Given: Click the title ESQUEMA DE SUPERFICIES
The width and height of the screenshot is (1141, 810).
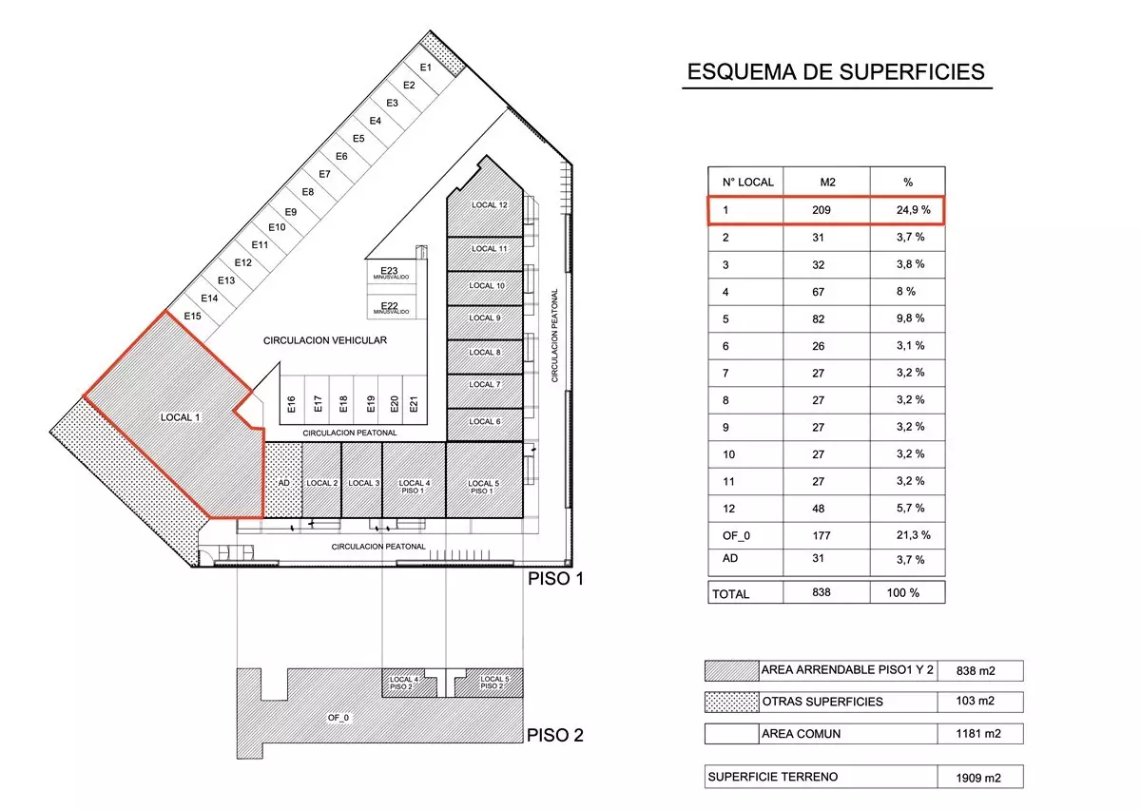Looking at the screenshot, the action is click(x=836, y=72).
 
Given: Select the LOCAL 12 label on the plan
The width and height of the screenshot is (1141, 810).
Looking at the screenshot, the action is click(x=489, y=204).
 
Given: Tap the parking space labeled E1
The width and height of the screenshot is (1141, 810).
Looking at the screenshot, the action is click(x=426, y=67).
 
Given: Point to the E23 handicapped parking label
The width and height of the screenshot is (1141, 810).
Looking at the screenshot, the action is click(x=390, y=273).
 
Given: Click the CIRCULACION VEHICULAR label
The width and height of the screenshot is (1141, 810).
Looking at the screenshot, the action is click(x=325, y=340).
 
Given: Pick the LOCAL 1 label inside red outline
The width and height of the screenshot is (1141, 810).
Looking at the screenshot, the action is click(x=181, y=417).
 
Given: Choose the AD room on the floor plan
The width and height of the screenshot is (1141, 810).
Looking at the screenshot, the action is click(x=283, y=480).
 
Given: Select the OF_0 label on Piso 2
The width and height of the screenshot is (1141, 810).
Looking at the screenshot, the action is click(x=338, y=717).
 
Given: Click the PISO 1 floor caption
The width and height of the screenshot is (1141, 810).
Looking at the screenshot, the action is click(x=555, y=579).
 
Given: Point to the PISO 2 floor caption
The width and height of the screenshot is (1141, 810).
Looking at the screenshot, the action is click(x=554, y=735).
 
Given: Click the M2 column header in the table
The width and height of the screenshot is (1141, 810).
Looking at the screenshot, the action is click(x=828, y=182).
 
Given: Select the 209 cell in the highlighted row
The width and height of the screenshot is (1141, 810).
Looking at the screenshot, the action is click(x=822, y=210).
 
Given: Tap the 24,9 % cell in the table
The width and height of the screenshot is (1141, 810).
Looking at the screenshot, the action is click(x=914, y=210).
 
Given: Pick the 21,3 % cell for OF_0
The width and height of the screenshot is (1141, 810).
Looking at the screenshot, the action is click(x=914, y=535).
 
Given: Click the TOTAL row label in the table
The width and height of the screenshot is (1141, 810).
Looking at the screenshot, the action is click(x=730, y=594).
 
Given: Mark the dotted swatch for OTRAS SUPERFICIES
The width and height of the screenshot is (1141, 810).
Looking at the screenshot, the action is click(x=732, y=702).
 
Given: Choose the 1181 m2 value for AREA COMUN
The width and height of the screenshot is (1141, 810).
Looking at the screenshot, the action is click(x=978, y=734).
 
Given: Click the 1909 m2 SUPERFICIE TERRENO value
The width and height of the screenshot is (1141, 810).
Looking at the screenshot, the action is click(x=978, y=778).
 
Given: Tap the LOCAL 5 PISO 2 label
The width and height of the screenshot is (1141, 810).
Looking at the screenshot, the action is click(x=494, y=683).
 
